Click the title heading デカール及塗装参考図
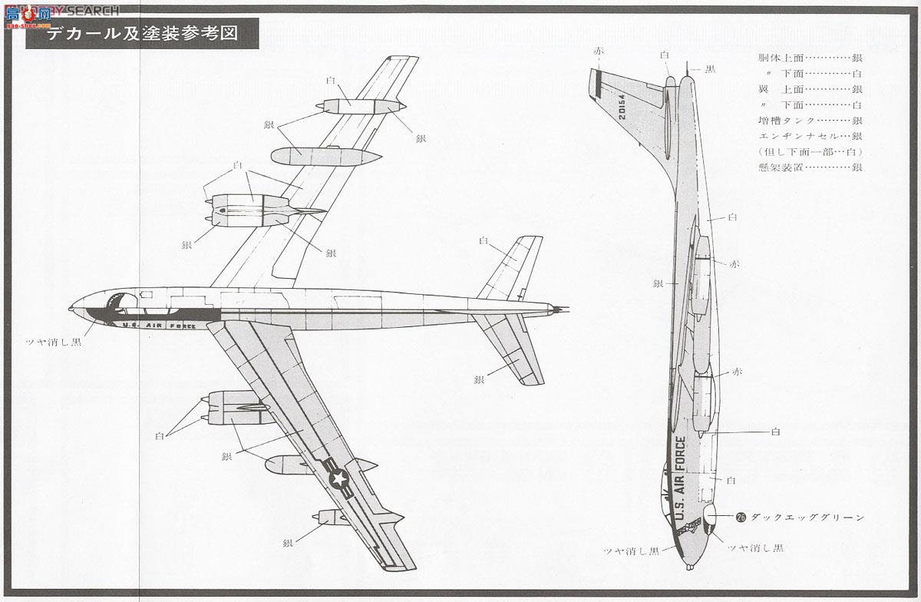click(x=142, y=34)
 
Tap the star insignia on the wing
click(x=338, y=479)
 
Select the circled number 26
click(x=741, y=517)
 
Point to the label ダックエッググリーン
click(x=797, y=517)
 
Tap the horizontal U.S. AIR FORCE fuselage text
click(x=159, y=326)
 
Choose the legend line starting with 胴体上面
click(x=809, y=58)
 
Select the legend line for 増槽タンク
click(x=809, y=121)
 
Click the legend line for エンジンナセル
click(x=809, y=136)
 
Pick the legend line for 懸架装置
click(x=809, y=167)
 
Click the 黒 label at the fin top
click(x=710, y=69)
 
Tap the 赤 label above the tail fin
click(x=599, y=51)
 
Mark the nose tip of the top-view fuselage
click(x=71, y=309)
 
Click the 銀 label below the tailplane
click(x=479, y=379)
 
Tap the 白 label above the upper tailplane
click(x=484, y=240)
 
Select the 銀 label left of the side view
click(x=657, y=283)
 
